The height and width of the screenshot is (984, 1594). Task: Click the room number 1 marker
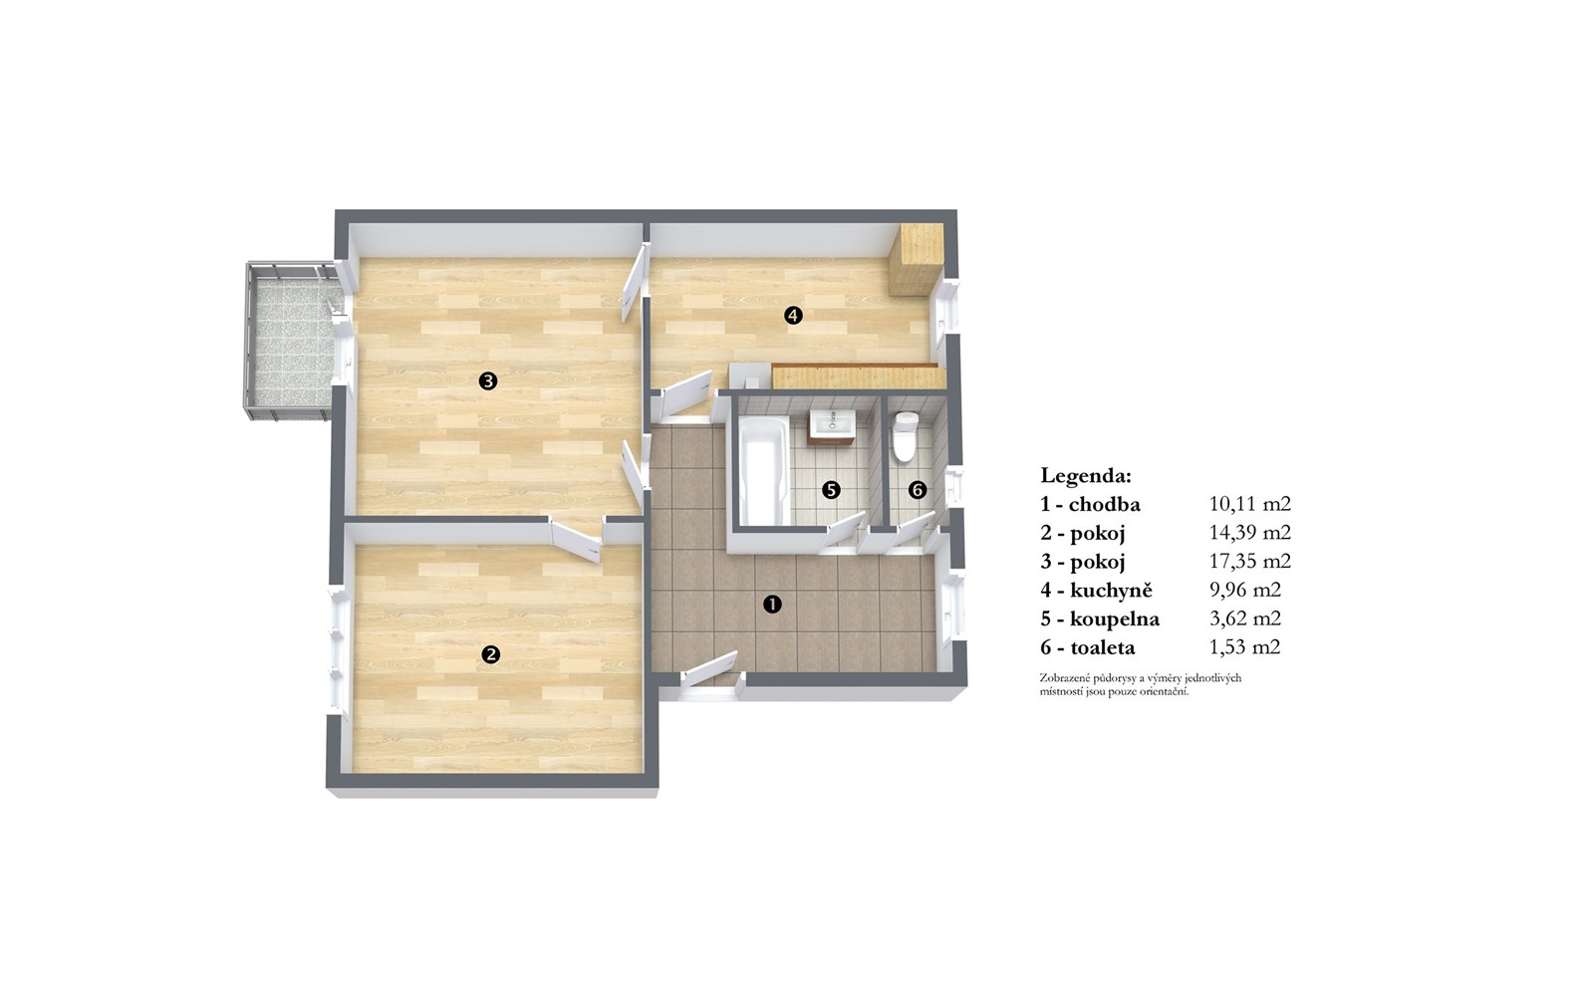(x=772, y=605)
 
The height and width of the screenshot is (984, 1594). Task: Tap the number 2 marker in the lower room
(x=490, y=654)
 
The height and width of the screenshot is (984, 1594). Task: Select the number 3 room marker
(x=487, y=381)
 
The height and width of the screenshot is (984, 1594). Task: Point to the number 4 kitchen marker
(x=793, y=315)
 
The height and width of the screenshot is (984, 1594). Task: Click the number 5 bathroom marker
(x=831, y=489)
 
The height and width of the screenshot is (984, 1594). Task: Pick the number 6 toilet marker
(x=918, y=489)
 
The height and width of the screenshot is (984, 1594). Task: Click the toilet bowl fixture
(x=906, y=436)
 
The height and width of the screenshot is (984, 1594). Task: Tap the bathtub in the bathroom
(x=763, y=469)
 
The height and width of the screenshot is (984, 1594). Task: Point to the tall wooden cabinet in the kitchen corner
(x=916, y=259)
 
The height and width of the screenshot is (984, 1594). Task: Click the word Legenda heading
(x=1085, y=475)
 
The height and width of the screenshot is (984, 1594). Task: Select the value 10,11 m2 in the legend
(x=1249, y=504)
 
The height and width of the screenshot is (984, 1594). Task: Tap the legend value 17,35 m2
(x=1249, y=562)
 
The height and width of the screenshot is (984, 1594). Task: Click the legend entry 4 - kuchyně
(x=1096, y=591)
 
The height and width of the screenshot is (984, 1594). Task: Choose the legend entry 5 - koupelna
(x=1100, y=619)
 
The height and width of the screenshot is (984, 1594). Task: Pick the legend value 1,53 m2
(x=1244, y=646)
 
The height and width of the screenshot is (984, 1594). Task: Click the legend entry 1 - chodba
(x=1090, y=505)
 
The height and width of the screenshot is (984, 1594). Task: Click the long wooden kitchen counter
(x=859, y=376)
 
